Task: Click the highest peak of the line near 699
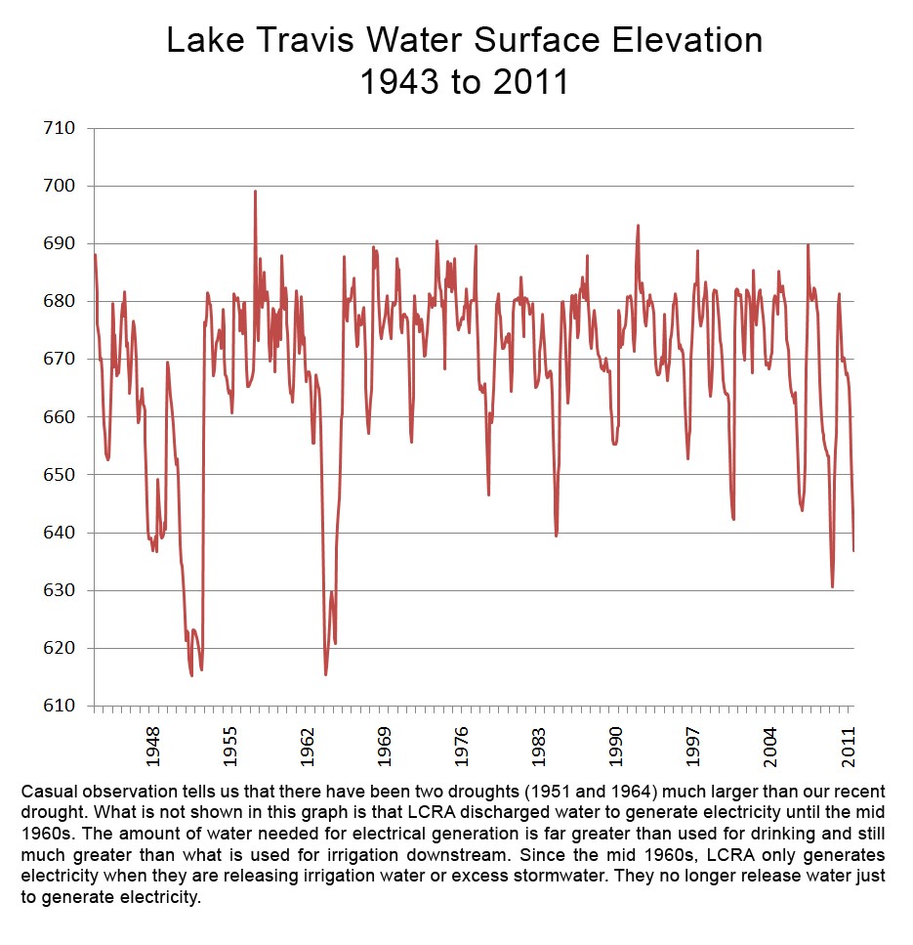tap(255, 192)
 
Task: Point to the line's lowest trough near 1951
tap(191, 675)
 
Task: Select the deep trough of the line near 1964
tap(325, 674)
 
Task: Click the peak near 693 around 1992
tap(638, 226)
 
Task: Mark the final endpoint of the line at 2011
tap(853, 550)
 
